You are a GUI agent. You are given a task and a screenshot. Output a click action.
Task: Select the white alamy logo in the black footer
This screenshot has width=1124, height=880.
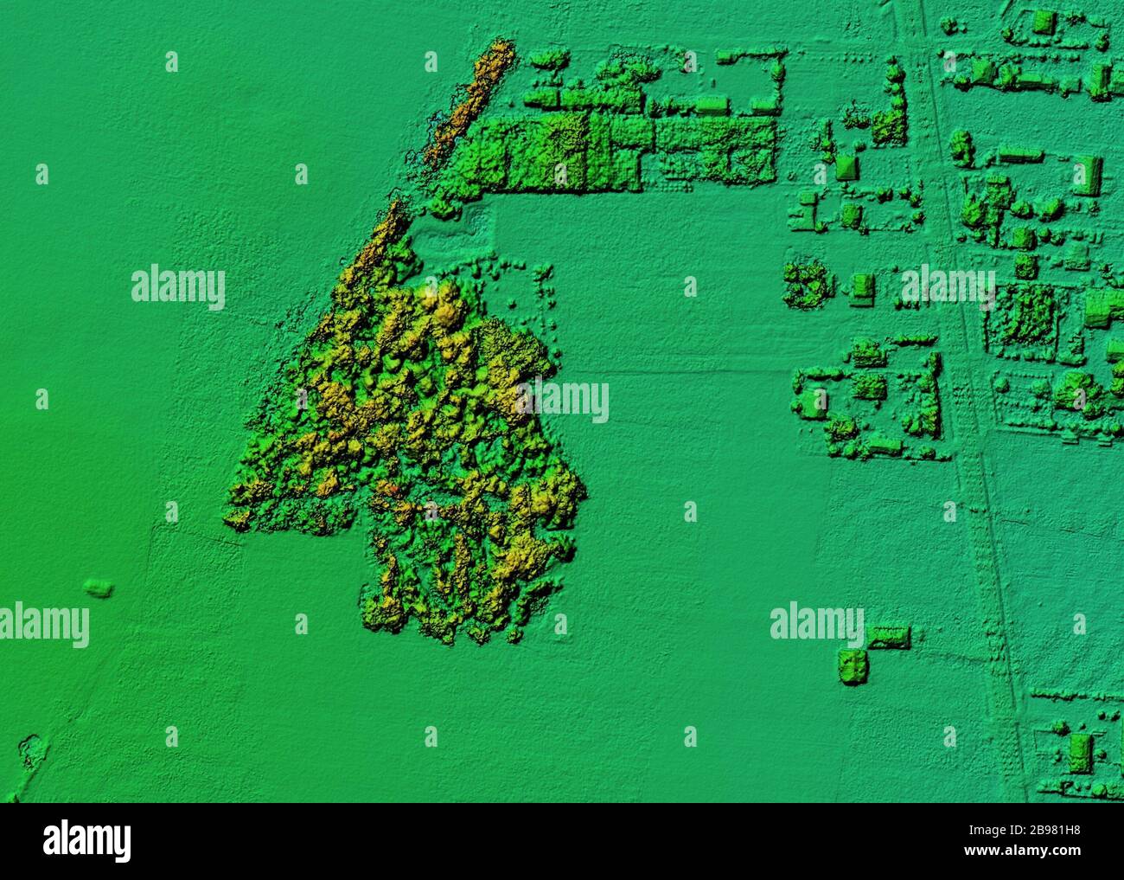[x=86, y=839]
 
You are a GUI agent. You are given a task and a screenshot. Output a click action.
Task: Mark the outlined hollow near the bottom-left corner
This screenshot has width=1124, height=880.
[x=31, y=749]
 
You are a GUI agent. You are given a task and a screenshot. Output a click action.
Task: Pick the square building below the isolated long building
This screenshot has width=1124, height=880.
[x=853, y=666]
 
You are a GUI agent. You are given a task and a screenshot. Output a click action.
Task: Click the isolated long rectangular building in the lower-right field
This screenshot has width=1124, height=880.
[x=888, y=638]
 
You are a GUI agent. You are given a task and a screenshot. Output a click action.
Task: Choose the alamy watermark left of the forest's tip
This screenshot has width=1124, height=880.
[x=178, y=288]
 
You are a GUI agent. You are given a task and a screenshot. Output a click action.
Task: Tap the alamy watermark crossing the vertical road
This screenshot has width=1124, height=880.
[x=947, y=288]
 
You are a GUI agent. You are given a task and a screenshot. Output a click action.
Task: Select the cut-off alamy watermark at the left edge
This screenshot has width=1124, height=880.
[x=43, y=624]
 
